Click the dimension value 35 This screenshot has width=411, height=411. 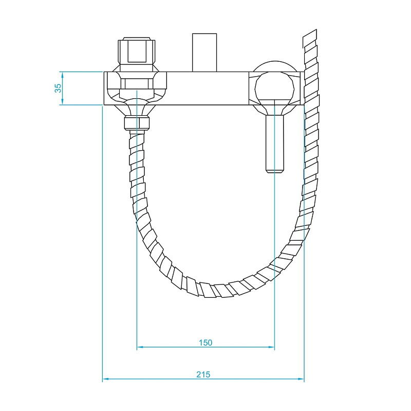59,88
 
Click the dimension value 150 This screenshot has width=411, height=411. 205,342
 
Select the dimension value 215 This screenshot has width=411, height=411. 203,374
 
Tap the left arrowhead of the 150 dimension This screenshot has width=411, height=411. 139,348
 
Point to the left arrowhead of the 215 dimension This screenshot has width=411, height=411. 105,380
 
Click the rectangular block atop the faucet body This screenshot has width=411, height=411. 204,52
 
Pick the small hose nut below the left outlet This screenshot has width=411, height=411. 137,123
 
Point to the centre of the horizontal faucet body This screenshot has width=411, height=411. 203,88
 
